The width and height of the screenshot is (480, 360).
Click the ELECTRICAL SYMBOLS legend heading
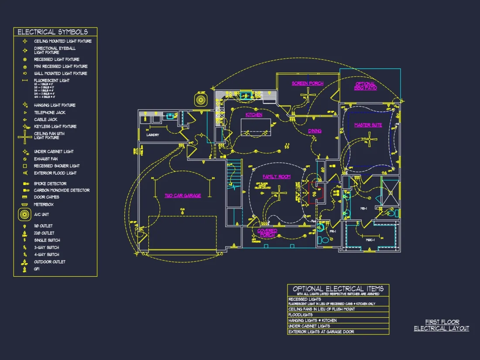pyautogui.click(x=52, y=32)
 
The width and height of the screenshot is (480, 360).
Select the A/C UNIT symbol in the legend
pyautogui.click(x=25, y=215)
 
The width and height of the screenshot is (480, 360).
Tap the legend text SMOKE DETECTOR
pyautogui.click(x=50, y=184)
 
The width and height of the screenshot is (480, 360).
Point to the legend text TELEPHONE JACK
pyautogui.click(x=50, y=113)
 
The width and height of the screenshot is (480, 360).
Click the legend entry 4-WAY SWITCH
pyautogui.click(x=46, y=254)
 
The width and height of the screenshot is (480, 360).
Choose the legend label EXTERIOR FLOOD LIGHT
pyautogui.click(x=55, y=173)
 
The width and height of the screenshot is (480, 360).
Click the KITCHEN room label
pyautogui.click(x=254, y=115)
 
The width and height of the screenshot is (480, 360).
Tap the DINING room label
pyautogui.click(x=315, y=130)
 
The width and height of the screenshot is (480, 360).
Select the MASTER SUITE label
pyautogui.click(x=368, y=125)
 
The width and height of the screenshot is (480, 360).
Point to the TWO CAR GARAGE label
pyautogui.click(x=182, y=195)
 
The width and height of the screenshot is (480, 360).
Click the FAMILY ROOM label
pyautogui.click(x=276, y=177)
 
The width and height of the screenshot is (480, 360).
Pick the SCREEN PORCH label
pyautogui.click(x=308, y=83)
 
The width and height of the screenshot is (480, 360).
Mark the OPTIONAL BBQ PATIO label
pyautogui.click(x=365, y=86)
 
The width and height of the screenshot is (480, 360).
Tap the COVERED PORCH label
pyautogui.click(x=267, y=233)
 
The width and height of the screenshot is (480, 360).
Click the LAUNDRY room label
pyautogui.click(x=153, y=135)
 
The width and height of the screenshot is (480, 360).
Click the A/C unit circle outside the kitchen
pyautogui.click(x=201, y=100)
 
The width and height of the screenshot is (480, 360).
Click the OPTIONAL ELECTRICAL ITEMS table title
pyautogui.click(x=338, y=289)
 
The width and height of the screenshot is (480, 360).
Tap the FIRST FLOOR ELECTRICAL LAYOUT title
pyautogui.click(x=442, y=325)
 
